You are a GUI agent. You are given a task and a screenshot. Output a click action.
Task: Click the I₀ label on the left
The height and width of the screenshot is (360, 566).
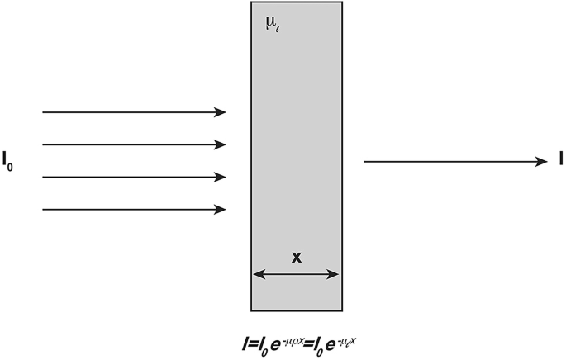(x=9, y=160)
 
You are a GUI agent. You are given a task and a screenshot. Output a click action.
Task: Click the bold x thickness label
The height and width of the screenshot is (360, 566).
(x=296, y=257)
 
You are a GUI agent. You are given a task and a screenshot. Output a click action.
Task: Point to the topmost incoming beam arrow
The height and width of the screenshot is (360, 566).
(x=132, y=111)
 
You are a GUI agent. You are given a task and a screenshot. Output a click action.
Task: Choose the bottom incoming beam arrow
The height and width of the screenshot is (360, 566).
(x=132, y=210)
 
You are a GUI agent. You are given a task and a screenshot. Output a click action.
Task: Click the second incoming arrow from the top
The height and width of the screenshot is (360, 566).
(x=132, y=144)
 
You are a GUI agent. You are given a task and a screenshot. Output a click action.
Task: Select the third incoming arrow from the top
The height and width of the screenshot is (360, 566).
(x=132, y=177)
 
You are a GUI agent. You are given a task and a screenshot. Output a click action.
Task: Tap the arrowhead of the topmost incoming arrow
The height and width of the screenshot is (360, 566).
(x=221, y=111)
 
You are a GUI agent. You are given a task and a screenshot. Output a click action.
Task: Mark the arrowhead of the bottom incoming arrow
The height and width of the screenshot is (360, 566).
(x=221, y=210)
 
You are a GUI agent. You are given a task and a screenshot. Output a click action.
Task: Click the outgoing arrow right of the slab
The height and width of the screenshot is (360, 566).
(x=454, y=161)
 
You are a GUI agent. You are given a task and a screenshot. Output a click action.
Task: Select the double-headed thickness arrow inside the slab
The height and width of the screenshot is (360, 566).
(x=296, y=274)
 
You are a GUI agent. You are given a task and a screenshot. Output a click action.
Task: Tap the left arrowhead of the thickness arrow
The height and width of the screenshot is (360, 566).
(x=257, y=274)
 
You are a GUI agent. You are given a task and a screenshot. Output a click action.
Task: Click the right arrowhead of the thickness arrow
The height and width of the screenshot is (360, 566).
(x=335, y=274)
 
